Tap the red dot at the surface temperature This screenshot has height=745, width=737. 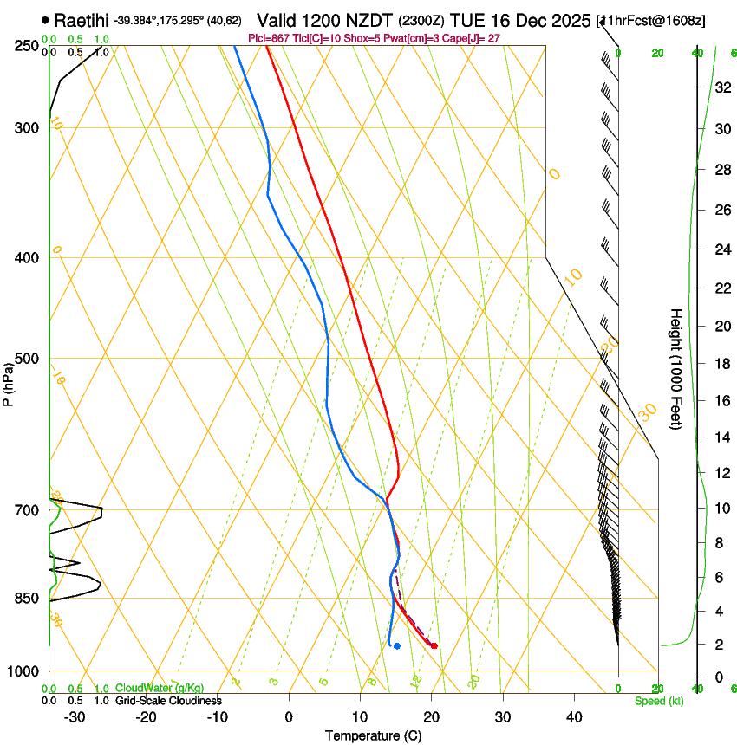coord(434,645)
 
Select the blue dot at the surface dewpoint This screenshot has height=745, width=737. coord(396,645)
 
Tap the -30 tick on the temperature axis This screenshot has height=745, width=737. coord(75,717)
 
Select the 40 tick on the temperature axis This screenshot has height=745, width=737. coord(574,717)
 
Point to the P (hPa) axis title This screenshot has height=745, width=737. coord(9,381)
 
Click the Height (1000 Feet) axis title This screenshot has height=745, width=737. coord(676,368)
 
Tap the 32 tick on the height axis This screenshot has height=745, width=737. coord(721,87)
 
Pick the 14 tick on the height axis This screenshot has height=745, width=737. coord(721,437)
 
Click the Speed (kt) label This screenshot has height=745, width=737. coord(659,700)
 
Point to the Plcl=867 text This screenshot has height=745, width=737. coord(270,38)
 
